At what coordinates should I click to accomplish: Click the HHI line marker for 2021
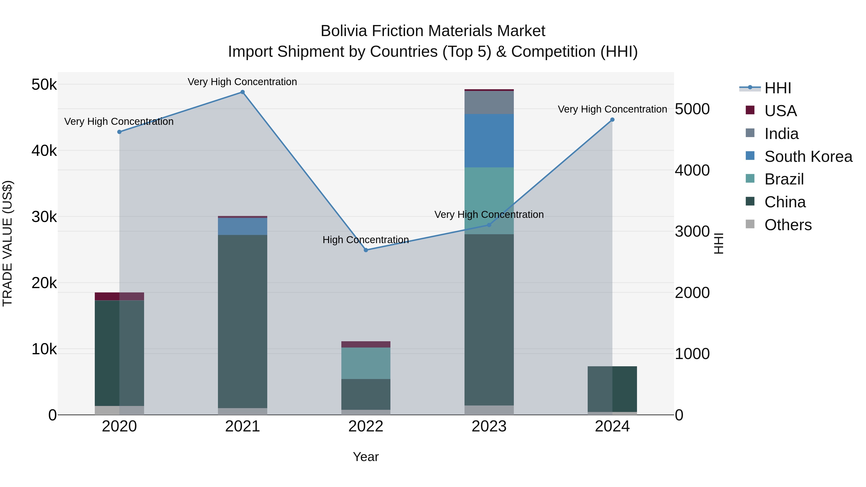click(242, 92)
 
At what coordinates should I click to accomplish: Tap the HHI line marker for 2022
click(366, 250)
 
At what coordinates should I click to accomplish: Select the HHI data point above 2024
click(612, 120)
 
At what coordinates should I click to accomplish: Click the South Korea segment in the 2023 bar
click(489, 140)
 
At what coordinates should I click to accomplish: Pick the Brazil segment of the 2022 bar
click(366, 363)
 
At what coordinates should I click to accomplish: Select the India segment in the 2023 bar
click(489, 102)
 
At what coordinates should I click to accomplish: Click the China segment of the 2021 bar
click(242, 321)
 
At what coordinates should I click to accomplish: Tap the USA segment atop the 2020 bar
click(119, 296)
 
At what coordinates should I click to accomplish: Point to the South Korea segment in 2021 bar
click(242, 226)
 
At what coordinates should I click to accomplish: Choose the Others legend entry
click(788, 225)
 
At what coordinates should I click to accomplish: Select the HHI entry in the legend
click(777, 88)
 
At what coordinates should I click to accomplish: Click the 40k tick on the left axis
click(44, 151)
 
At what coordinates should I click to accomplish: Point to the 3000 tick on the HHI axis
click(692, 232)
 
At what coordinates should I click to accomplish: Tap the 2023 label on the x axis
click(489, 426)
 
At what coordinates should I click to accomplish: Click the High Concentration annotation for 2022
click(365, 240)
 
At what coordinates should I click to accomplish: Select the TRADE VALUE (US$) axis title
click(7, 243)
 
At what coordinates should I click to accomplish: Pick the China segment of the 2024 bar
click(612, 389)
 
